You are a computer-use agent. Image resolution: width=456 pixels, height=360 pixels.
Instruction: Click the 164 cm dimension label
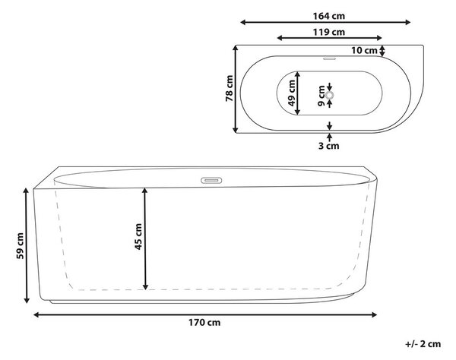coord(328,16)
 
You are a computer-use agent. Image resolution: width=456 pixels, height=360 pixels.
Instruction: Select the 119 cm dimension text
coord(328,32)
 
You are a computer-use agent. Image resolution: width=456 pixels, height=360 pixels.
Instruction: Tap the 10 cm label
coord(364,51)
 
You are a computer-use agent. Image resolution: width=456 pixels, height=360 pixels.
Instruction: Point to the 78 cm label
coord(230,88)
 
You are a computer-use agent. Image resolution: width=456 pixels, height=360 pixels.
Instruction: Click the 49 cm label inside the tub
coord(291,93)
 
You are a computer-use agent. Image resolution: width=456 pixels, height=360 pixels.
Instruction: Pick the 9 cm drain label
coord(321,96)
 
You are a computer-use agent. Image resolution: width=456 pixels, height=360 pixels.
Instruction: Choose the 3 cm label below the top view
coord(328,146)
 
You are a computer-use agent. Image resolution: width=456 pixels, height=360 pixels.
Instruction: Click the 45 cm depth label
coord(138,236)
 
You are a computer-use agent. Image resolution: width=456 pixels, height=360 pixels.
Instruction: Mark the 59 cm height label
coord(20,246)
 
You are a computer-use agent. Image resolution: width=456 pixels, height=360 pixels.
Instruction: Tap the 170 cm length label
coord(204,323)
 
